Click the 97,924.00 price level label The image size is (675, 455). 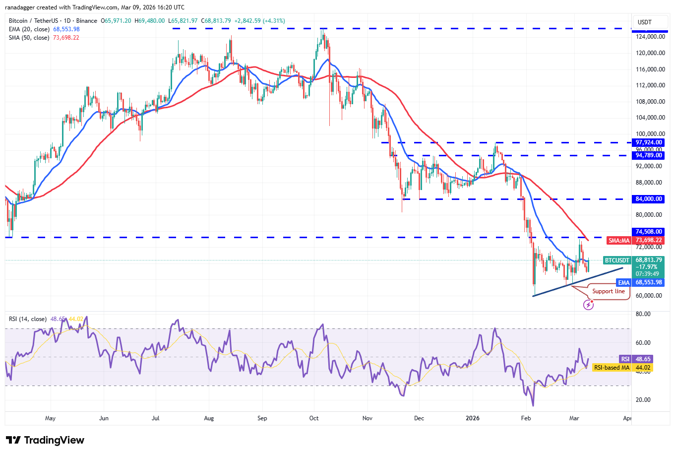coord(649,142)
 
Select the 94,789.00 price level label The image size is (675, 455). coord(649,155)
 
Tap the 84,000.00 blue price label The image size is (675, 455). coord(649,199)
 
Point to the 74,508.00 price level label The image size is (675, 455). coord(649,232)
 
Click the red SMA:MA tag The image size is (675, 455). coord(619,241)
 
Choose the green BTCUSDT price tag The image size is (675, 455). coord(617,260)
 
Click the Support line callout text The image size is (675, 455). coord(609,291)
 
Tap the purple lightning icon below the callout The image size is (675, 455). coord(588,305)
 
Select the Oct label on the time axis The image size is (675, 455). coord(313,418)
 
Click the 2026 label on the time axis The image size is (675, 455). coord(473,418)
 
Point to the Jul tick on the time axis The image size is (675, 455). coord(155,418)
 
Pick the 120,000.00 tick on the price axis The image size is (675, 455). coord(650,53)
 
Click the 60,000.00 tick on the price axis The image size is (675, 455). coord(650,296)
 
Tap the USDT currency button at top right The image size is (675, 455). coord(645,22)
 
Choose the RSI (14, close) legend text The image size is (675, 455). coord(28,319)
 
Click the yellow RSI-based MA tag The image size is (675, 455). coord(612,368)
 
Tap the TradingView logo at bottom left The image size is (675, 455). coord(45,440)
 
